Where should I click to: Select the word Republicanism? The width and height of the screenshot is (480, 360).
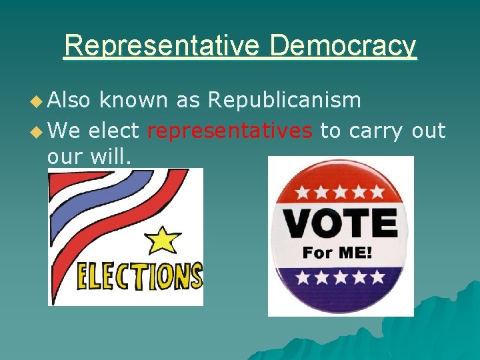click(285, 100)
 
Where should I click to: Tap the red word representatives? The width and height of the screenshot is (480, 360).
click(230, 131)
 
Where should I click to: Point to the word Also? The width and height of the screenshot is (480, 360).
click(69, 100)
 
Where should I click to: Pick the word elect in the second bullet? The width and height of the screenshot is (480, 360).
click(114, 131)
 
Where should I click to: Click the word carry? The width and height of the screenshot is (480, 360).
click(375, 131)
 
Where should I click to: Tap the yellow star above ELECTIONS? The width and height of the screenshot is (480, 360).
click(163, 239)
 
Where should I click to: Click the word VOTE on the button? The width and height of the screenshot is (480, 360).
click(340, 225)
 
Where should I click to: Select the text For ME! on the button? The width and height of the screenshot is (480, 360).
click(337, 253)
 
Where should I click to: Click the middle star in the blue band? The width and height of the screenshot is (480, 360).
click(341, 275)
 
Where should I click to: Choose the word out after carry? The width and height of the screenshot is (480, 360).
click(428, 131)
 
